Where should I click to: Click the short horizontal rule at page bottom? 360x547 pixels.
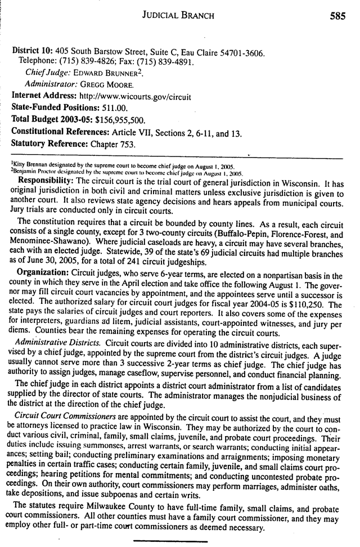[x=170, y=541]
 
